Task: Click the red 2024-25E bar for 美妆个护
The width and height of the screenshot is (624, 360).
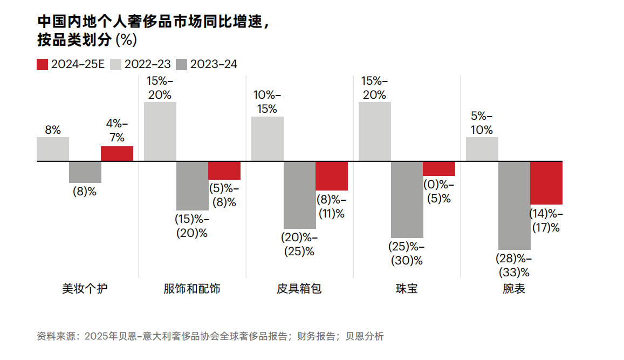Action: [117, 154]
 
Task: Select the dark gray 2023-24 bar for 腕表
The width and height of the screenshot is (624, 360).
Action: [514, 205]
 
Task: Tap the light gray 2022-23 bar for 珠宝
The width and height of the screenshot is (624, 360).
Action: [374, 132]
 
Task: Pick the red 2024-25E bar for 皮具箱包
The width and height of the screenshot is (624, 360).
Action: [332, 176]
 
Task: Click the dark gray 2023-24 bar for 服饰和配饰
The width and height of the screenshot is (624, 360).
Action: [192, 186]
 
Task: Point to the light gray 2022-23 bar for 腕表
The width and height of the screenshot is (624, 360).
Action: [482, 149]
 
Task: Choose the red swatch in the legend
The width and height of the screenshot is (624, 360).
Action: [43, 64]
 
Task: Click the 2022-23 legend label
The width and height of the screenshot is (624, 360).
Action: [147, 64]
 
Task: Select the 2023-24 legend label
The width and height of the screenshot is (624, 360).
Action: [214, 64]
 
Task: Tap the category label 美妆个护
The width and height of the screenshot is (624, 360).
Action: [85, 289]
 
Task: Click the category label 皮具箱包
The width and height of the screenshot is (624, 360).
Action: [299, 289]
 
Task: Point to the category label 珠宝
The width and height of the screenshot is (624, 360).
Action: [407, 289]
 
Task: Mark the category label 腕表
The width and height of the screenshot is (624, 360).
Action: [514, 289]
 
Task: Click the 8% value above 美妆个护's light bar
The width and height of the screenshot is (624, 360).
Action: [53, 130]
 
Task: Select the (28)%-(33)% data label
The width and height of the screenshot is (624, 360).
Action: [514, 264]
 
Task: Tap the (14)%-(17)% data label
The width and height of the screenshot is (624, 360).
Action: [546, 221]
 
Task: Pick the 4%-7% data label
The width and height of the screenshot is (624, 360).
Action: [117, 130]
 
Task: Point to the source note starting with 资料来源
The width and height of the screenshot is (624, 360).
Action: [210, 336]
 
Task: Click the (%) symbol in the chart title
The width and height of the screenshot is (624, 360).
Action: [126, 40]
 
